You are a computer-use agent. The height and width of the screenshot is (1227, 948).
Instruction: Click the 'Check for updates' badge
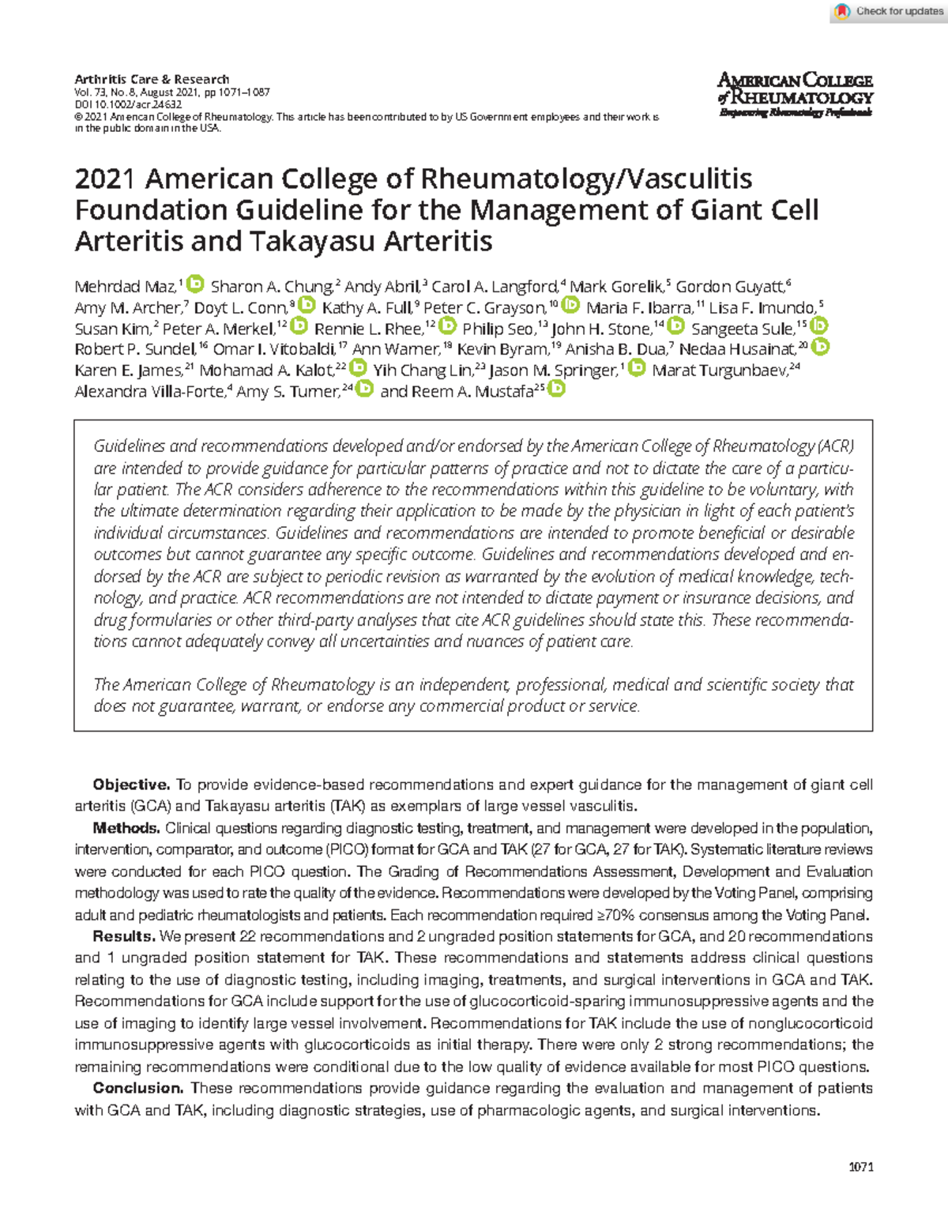tap(888, 11)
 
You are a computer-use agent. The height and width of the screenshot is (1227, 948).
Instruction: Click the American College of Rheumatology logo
tap(795, 94)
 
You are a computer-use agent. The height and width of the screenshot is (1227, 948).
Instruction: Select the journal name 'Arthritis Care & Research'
tap(152, 79)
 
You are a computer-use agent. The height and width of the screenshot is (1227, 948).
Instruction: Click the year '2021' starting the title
tap(105, 179)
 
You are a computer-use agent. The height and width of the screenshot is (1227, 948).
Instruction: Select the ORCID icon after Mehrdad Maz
tap(196, 284)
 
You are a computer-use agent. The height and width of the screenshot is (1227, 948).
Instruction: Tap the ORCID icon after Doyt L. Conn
tap(307, 305)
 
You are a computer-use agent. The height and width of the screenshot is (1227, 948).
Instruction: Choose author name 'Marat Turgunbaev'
tap(719, 371)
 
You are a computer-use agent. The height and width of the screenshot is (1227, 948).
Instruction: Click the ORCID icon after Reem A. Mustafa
tap(557, 389)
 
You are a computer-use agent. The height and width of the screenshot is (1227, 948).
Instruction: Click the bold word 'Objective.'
tap(131, 785)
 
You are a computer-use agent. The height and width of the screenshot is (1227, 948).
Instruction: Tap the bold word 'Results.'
tap(124, 936)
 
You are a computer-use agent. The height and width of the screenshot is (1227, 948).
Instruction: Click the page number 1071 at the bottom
tap(860, 1167)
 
